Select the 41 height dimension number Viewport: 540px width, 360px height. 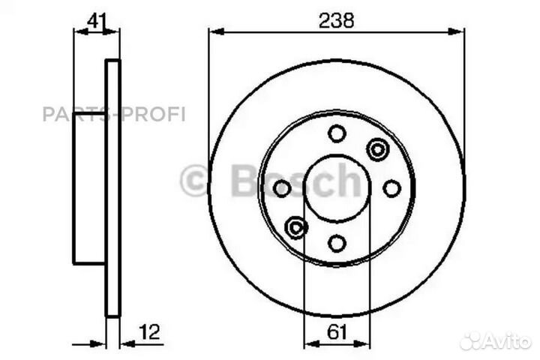click(95, 21)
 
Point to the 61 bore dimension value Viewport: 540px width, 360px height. click(337, 331)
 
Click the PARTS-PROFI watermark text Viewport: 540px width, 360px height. click(113, 114)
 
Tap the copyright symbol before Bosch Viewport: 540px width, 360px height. click(194, 181)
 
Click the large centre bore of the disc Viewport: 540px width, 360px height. click(337, 189)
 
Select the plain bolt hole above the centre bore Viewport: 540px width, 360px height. click(337, 133)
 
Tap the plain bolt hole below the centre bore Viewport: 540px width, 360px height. click(337, 243)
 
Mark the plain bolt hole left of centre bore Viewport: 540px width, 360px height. click(281, 189)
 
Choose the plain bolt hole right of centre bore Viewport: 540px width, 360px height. click(391, 189)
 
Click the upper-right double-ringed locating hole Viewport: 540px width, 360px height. click(376, 149)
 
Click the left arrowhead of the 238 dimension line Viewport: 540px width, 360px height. click(214, 31)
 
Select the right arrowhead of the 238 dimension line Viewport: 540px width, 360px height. click(459, 31)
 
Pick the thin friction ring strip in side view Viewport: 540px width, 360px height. click(112, 187)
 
